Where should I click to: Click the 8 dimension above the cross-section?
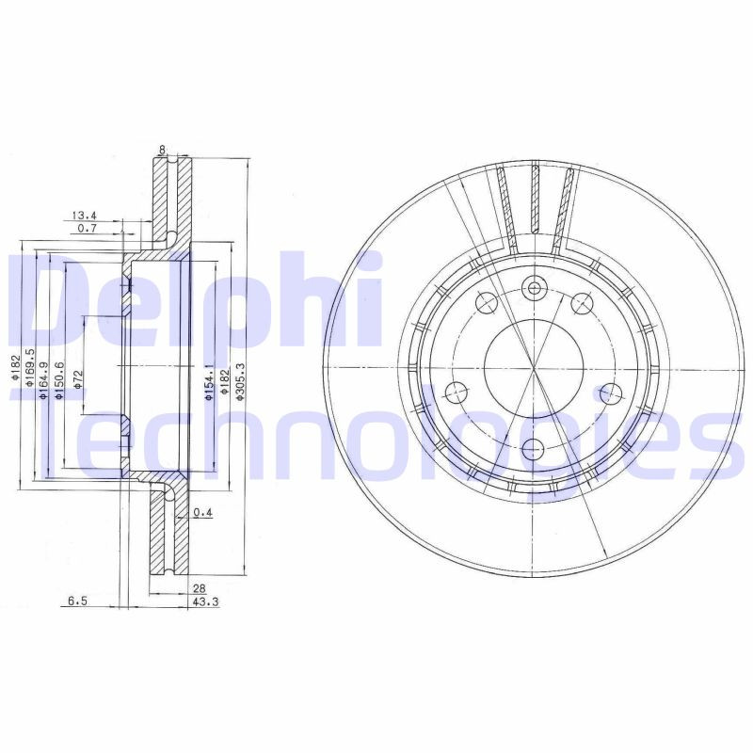(163, 149)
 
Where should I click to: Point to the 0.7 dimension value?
(88, 229)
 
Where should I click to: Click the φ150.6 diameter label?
(59, 381)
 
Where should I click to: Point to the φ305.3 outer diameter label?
(240, 383)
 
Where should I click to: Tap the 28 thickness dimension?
(199, 588)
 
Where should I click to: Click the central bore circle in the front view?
(533, 367)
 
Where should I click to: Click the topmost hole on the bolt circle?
(535, 288)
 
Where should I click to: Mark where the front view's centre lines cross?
(534, 367)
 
